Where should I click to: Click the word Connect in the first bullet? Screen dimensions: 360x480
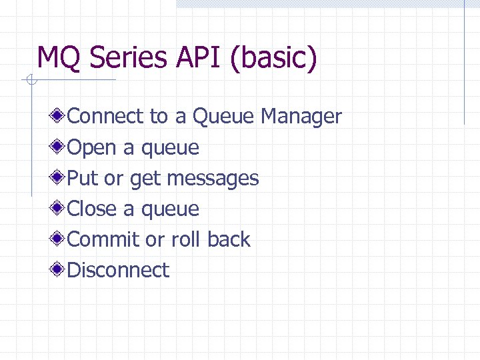(105, 117)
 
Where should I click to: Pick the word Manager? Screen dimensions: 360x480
(301, 117)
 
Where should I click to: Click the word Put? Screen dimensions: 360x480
(83, 178)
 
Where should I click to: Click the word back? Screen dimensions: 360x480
(229, 239)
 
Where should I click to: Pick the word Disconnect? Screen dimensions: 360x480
(119, 270)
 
